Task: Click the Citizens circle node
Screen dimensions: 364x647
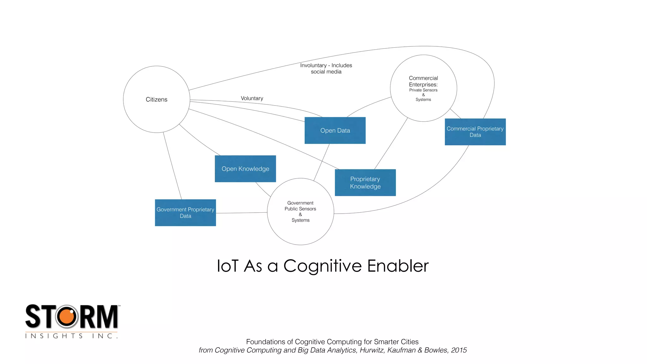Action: coord(156,99)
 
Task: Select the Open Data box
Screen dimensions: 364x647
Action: coord(335,130)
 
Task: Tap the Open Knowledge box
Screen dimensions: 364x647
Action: coord(245,169)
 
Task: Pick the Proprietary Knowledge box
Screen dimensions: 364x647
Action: coord(365,183)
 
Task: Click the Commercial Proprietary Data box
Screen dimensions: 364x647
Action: coord(475,132)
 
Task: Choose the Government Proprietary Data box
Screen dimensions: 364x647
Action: coord(185,213)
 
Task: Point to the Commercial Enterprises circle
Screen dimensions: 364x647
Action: coord(423,88)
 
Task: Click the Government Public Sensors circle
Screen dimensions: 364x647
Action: coord(300,211)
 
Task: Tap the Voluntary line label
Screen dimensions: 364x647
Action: coord(252,98)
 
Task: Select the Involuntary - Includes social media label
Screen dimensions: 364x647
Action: coord(326,68)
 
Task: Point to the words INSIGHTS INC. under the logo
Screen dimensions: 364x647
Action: coord(71,336)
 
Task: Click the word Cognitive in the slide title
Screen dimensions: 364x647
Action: coord(323,266)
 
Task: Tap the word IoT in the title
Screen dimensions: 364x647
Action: coord(227,266)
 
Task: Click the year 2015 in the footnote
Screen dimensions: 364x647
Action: coord(459,350)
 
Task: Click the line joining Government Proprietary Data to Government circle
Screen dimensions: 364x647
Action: coord(242,213)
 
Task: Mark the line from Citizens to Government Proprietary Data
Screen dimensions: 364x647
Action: coord(172,166)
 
